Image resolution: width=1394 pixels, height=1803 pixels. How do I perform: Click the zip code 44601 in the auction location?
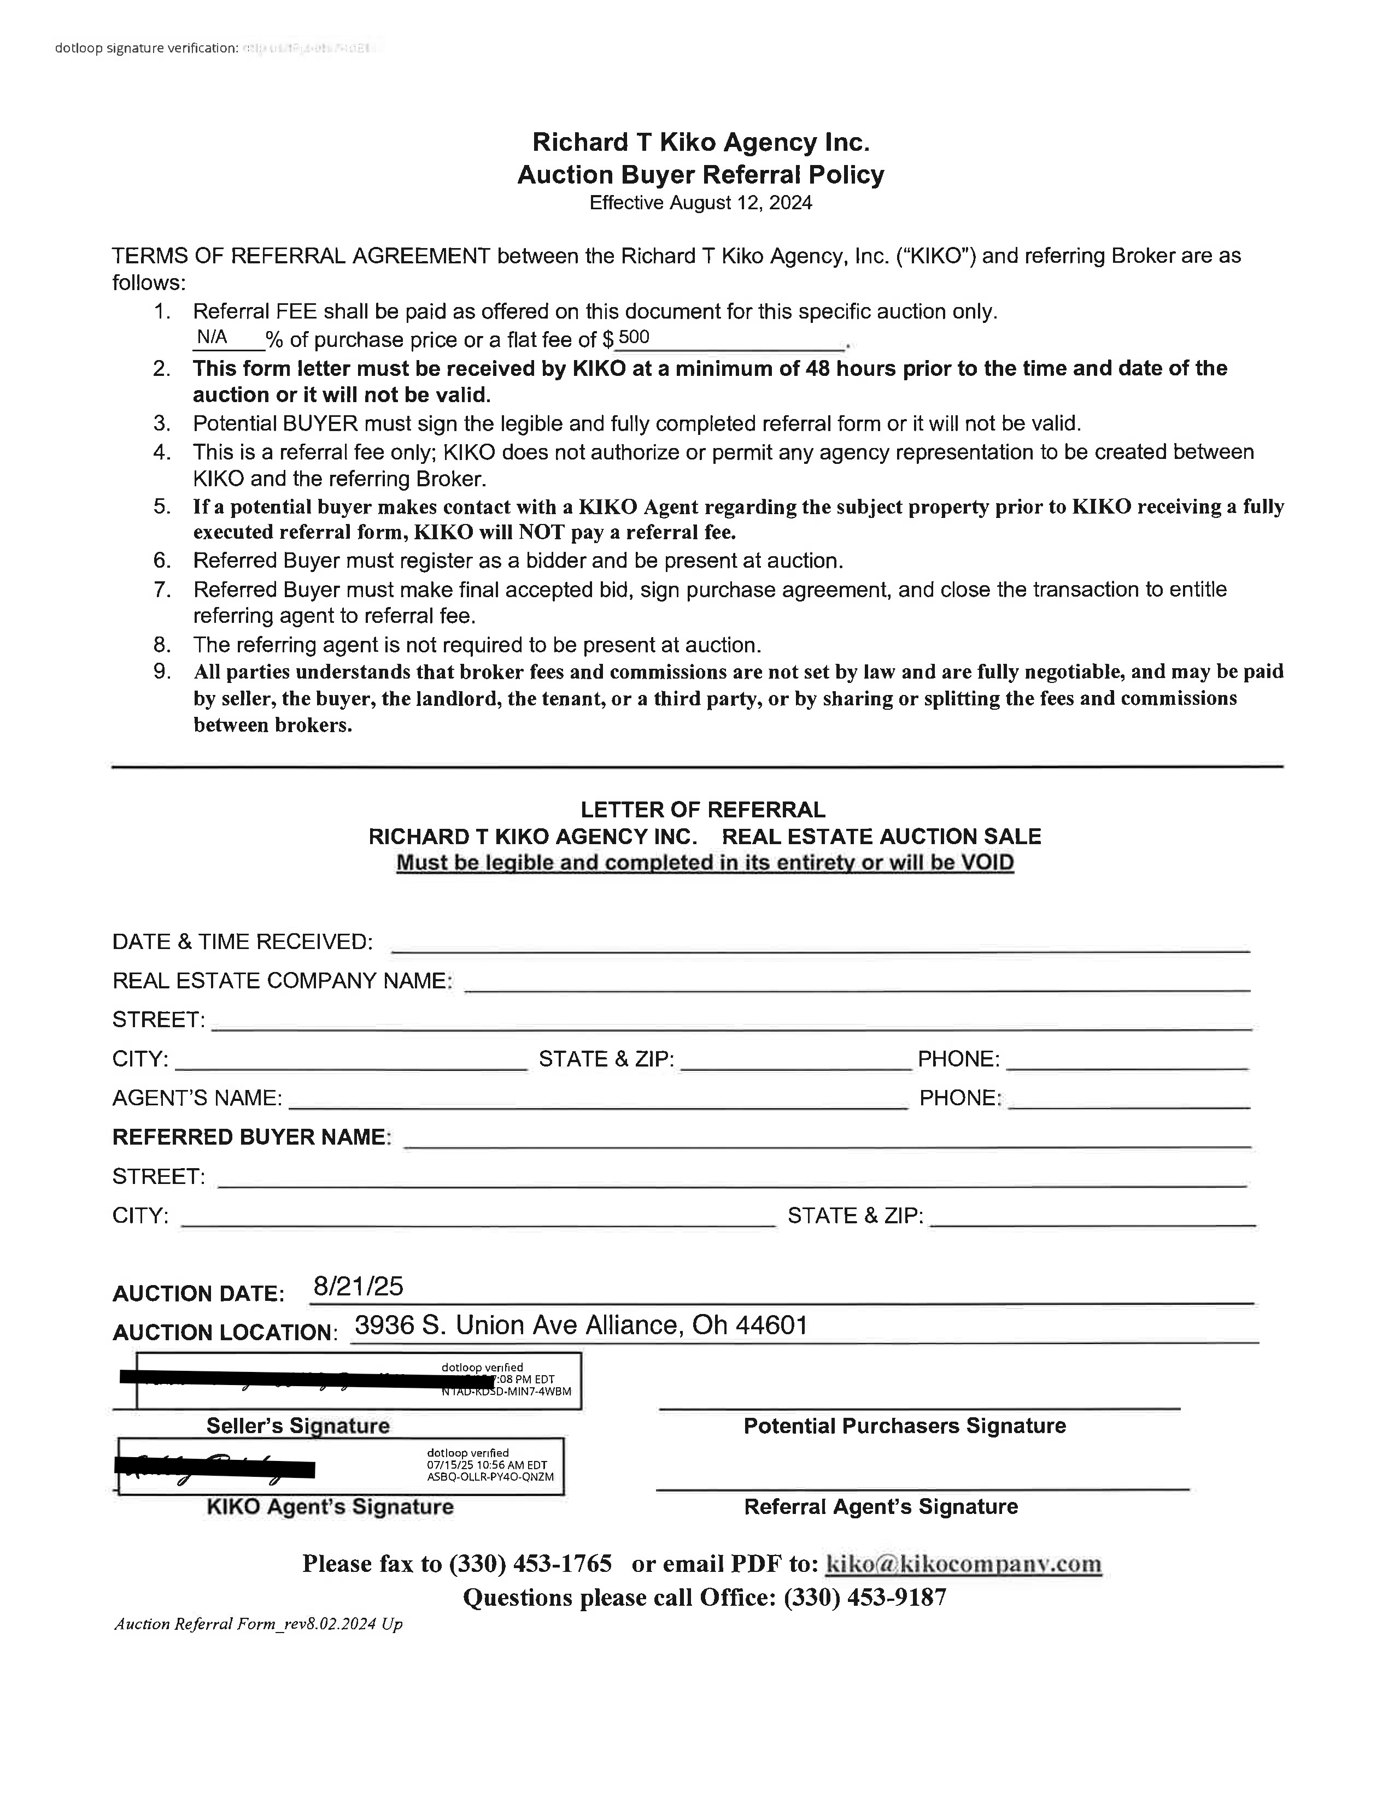tap(771, 1325)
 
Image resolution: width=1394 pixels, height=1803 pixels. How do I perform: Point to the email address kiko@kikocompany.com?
tap(964, 1564)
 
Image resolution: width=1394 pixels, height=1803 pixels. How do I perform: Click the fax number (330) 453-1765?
tap(530, 1564)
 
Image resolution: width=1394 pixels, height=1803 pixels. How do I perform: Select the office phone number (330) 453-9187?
tap(865, 1598)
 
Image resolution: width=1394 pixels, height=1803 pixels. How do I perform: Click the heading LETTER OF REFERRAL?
tap(703, 810)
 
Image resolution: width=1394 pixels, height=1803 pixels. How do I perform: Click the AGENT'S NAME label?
tap(197, 1098)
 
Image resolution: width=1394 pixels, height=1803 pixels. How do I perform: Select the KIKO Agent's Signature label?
tap(330, 1507)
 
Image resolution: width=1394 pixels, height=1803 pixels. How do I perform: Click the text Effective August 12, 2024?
tap(700, 203)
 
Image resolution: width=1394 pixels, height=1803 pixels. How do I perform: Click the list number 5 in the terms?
tap(162, 506)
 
